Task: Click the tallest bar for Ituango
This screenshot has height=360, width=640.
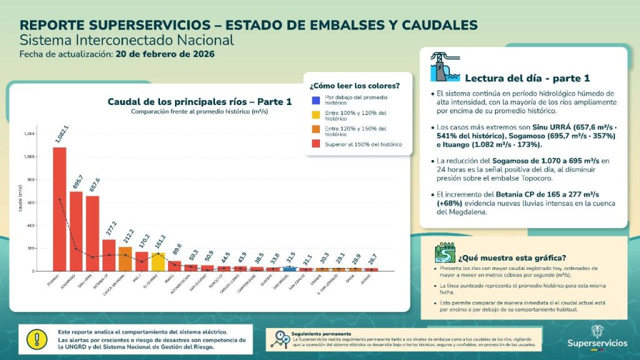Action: (x=59, y=209)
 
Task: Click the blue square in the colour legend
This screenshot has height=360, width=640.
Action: (x=316, y=99)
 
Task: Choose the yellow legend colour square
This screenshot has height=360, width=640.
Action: (x=316, y=114)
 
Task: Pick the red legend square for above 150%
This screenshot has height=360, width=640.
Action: (x=316, y=144)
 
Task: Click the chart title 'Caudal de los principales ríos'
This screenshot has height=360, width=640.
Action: (x=199, y=102)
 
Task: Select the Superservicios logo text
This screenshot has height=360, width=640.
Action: (x=597, y=343)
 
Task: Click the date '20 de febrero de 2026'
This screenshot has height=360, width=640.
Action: (x=165, y=54)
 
